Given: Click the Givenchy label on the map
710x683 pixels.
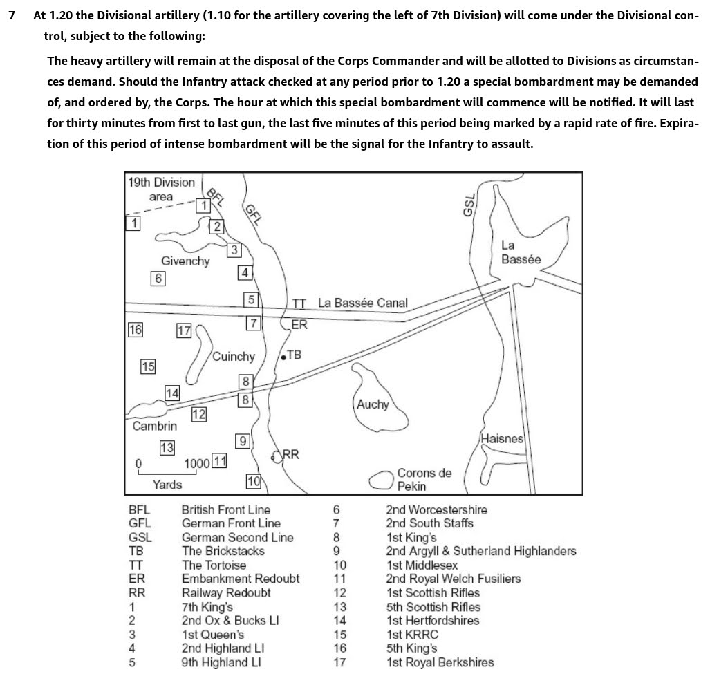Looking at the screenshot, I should click(185, 261).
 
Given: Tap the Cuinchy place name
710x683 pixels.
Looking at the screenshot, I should click(233, 357).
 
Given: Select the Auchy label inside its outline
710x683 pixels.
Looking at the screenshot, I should click(373, 404).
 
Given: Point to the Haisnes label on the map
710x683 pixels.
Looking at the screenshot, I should click(502, 439).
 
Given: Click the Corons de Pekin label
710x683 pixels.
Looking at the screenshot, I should click(424, 479).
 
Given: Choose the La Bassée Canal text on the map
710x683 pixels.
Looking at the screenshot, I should click(362, 303).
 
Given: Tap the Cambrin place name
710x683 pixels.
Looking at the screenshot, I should click(154, 426).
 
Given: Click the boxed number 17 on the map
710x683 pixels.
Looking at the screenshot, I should click(184, 331).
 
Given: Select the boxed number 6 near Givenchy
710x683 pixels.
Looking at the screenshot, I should click(158, 279).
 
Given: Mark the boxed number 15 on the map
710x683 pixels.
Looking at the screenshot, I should click(148, 366).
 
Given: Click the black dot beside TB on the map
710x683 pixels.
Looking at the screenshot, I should click(283, 358).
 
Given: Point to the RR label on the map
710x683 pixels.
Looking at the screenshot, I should click(291, 454).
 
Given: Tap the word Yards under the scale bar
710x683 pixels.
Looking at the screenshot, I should click(167, 485).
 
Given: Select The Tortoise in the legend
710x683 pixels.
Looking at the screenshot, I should click(214, 565).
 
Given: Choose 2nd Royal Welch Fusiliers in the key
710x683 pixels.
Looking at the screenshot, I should click(453, 579).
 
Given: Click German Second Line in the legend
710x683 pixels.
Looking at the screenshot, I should click(237, 537).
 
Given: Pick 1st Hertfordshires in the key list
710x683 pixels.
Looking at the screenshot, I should click(432, 620).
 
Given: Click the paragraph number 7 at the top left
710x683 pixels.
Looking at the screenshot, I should click(11, 15).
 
